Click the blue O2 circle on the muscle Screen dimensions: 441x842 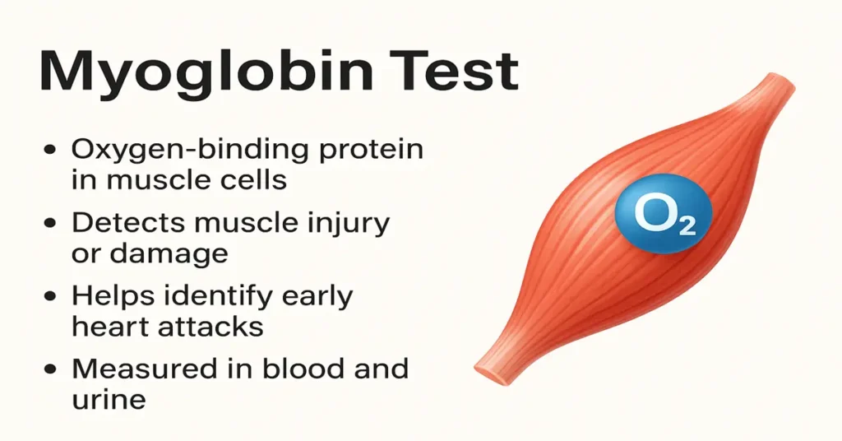(664, 216)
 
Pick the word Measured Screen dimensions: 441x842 (143, 368)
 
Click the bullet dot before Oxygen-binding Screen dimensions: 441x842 (51, 151)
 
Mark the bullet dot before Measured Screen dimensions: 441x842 (51, 369)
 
